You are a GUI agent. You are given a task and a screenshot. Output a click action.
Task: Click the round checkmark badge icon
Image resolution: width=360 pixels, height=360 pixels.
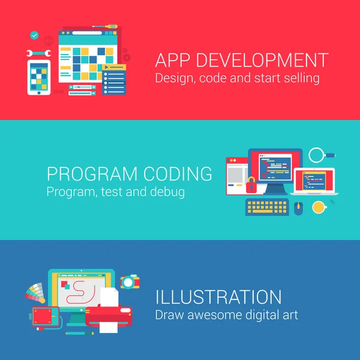click(x=34, y=36)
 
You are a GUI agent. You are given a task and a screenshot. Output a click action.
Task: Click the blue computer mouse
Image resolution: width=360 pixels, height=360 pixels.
click(x=299, y=208)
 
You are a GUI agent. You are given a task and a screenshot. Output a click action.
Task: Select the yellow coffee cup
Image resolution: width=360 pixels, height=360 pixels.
click(x=318, y=207)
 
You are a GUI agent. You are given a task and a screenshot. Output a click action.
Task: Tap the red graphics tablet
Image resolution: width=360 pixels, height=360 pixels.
click(x=45, y=316)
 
